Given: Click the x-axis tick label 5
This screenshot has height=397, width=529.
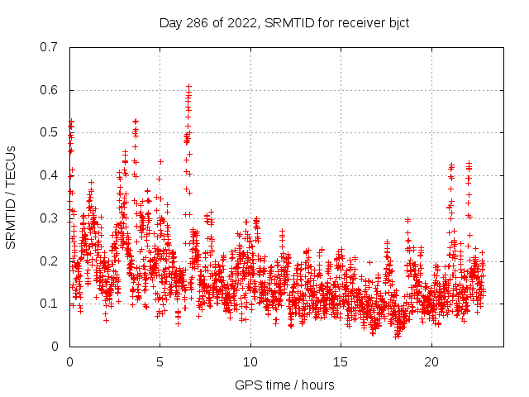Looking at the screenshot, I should coord(160,362).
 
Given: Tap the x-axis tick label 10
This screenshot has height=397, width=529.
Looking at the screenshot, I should coord(250,362).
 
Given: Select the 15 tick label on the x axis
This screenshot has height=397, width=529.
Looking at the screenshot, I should coord(341,362).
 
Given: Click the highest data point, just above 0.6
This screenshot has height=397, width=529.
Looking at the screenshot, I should coord(188,85).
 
